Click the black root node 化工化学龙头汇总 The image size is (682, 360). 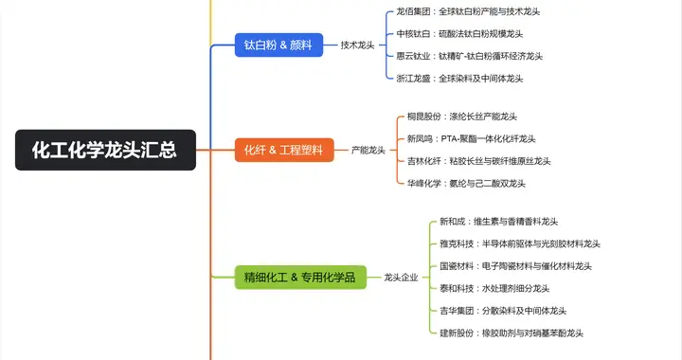coord(105,150)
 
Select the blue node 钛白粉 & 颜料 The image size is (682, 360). coord(278,45)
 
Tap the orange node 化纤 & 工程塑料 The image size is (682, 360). coord(283,150)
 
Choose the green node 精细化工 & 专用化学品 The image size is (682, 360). coord(299,278)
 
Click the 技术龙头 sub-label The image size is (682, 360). coord(357,45)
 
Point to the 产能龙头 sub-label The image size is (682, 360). coord(368,150)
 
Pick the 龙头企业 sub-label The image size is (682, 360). coord(401,278)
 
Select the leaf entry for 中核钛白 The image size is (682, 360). coord(474,33)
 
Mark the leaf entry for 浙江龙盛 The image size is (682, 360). coord(468,78)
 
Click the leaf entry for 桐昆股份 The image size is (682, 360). coord(473,117)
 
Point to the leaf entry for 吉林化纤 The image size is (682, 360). coord(478,161)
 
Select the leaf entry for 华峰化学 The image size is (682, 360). coord(466,183)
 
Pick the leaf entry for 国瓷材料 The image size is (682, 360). coord(515,266)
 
